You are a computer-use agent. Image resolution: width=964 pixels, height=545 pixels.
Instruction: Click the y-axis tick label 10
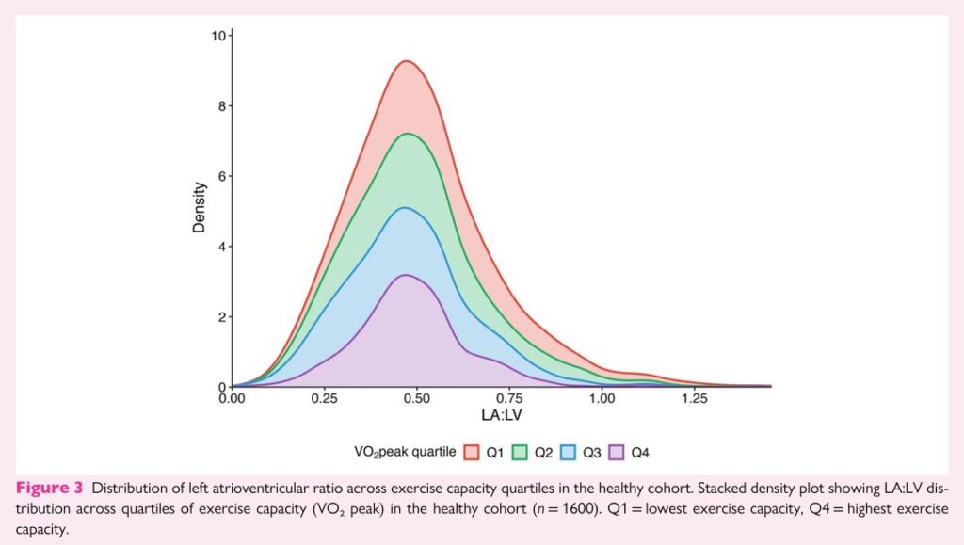[217, 36]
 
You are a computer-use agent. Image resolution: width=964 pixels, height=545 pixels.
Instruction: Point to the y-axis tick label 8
[221, 106]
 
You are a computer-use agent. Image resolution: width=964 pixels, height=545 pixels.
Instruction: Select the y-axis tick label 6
[221, 176]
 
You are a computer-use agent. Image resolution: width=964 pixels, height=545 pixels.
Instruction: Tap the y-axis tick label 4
[221, 247]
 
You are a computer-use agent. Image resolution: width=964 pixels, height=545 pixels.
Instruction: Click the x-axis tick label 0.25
[324, 398]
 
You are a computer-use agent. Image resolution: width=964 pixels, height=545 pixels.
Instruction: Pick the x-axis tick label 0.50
[416, 398]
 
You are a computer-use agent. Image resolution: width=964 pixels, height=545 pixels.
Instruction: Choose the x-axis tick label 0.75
[508, 398]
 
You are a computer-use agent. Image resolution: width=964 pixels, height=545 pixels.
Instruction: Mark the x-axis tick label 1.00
[601, 398]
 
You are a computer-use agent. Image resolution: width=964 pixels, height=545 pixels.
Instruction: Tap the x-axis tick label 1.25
[693, 398]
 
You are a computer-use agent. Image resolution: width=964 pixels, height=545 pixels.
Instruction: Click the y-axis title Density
[200, 208]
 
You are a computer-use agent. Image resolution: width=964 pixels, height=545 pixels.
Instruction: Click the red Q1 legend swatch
[472, 453]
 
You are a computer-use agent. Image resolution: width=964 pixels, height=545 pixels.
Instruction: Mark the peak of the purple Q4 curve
[406, 275]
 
